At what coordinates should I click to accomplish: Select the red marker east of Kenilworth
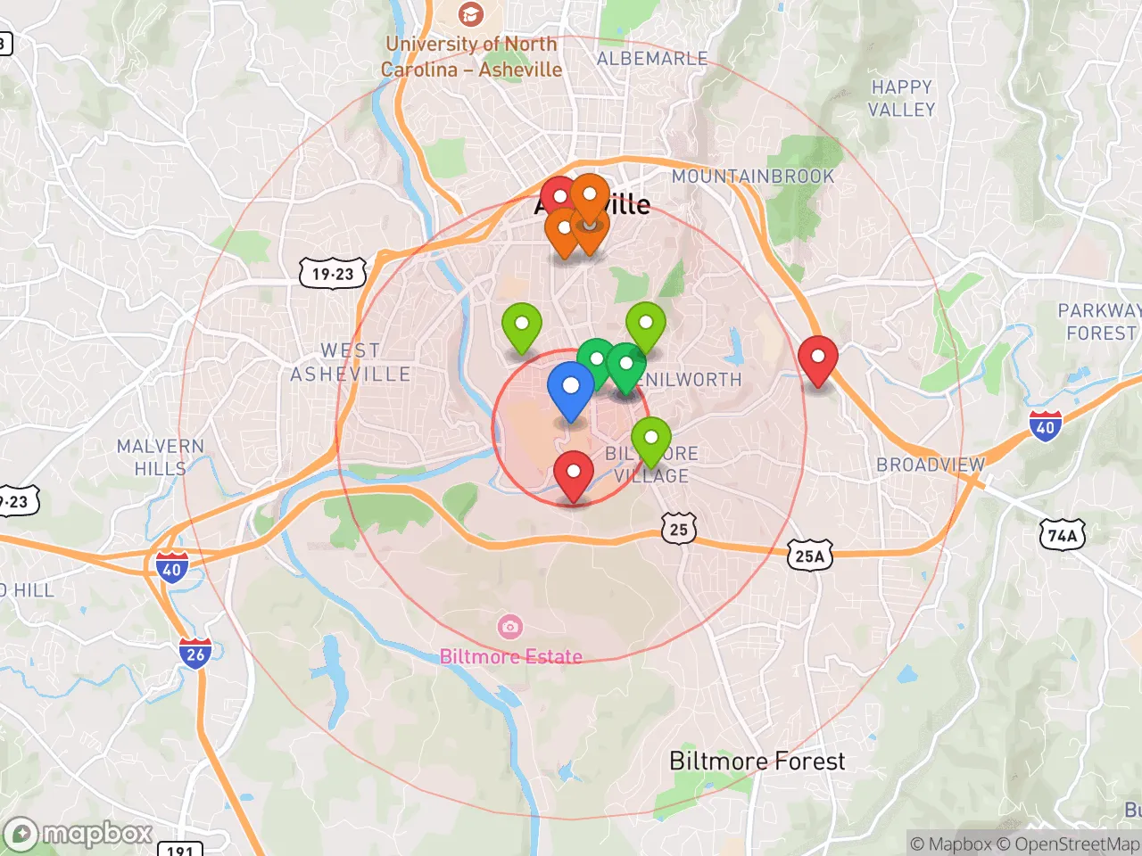click(817, 358)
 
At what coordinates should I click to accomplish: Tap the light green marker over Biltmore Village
click(651, 439)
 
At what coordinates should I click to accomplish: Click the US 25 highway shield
click(679, 529)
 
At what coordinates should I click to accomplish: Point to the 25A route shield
click(809, 556)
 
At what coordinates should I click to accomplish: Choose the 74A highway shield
click(1062, 535)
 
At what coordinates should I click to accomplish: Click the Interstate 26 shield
click(195, 653)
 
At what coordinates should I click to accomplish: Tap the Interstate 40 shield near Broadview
click(1045, 426)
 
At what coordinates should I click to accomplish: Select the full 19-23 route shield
click(333, 274)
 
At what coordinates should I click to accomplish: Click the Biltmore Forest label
click(757, 761)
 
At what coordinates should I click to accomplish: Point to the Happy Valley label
click(902, 98)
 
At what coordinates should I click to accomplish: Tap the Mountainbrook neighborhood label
click(753, 177)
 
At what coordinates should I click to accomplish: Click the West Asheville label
click(351, 362)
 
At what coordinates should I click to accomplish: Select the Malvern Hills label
click(161, 457)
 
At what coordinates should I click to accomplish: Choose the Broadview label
click(931, 465)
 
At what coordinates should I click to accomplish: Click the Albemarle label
click(652, 59)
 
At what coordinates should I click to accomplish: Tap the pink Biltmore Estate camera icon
click(509, 627)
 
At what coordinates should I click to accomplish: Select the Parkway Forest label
click(1100, 322)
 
